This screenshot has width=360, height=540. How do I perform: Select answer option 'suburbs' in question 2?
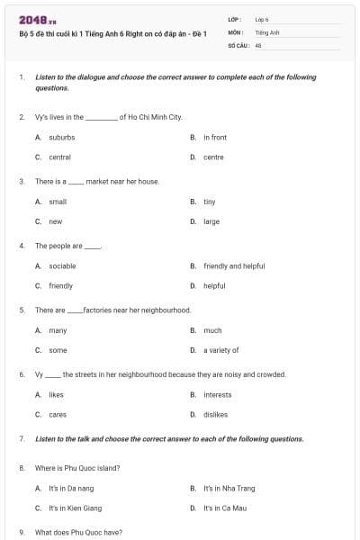(61, 138)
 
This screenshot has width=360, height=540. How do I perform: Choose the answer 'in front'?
(215, 138)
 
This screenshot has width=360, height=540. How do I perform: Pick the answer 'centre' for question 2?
(213, 157)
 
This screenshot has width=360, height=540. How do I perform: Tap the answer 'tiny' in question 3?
(210, 202)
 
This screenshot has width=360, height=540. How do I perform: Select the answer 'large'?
(211, 221)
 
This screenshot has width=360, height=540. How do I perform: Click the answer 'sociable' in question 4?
(62, 266)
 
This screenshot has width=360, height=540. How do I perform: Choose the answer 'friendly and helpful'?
(234, 266)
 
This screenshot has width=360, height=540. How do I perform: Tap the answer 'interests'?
(218, 395)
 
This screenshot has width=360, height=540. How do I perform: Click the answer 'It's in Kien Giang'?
(75, 508)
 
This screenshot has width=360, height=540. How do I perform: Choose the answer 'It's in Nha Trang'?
(229, 489)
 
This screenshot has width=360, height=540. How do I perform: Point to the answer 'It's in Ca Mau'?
(225, 508)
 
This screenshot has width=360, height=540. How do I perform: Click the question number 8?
(22, 468)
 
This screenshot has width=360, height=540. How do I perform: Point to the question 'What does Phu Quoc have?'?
(78, 533)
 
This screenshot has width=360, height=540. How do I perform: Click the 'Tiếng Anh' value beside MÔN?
(267, 31)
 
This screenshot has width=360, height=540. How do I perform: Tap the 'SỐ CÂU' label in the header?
(238, 44)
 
